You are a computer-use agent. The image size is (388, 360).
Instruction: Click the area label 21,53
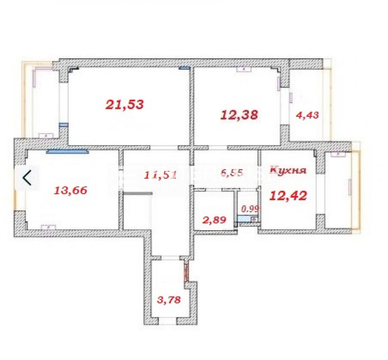125,104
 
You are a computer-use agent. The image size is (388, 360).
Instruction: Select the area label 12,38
239,115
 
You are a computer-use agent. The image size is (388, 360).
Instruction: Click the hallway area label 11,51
160,175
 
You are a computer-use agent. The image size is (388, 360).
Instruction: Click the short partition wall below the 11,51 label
136,193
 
